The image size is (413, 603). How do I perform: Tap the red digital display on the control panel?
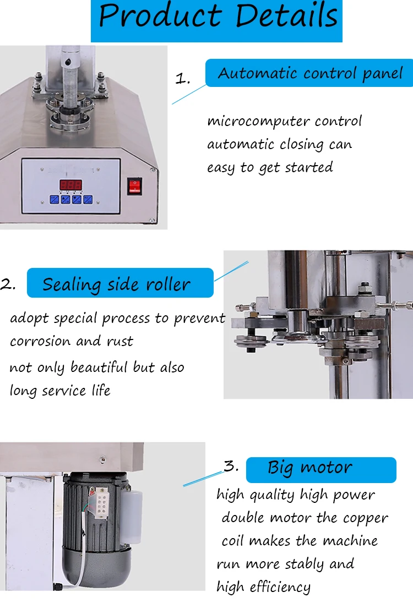point(71,185)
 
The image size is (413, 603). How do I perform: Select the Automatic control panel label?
point(310,73)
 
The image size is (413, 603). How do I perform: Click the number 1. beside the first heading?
point(182,79)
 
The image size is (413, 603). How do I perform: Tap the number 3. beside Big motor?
point(231,467)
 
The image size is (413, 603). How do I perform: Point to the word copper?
point(366,518)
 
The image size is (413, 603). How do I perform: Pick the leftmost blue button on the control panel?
point(55,199)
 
